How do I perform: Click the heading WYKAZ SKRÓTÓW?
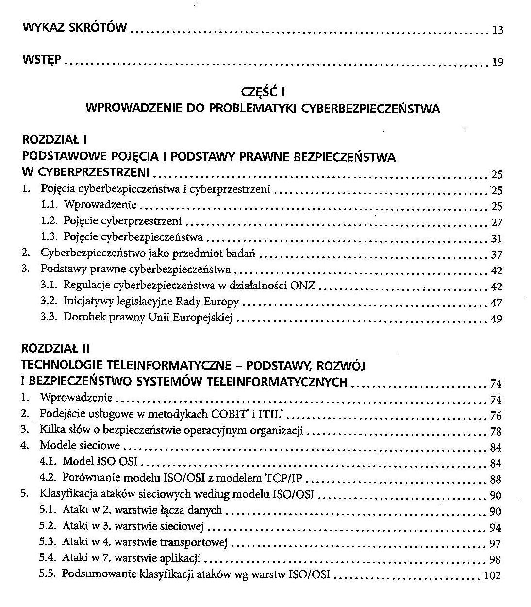(75, 27)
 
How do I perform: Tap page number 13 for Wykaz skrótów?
(498, 30)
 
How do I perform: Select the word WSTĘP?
(42, 60)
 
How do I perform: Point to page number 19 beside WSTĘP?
(498, 62)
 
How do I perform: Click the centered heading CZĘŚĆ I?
(262, 92)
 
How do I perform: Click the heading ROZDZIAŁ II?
(56, 349)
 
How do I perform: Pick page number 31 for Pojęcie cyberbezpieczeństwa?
(497, 238)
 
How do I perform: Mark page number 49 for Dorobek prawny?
(497, 319)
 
